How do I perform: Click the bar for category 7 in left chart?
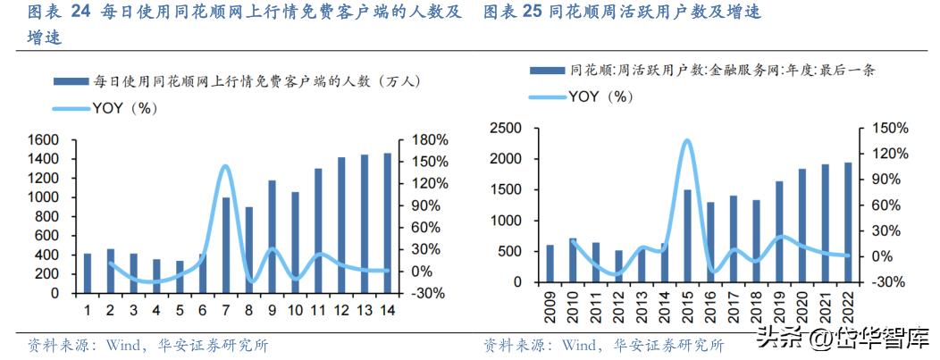tap(226, 245)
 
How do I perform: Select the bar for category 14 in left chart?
tap(387, 223)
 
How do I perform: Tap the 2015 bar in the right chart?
tap(687, 236)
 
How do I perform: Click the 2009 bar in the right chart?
tap(550, 264)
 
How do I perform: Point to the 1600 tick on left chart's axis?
tap(44, 140)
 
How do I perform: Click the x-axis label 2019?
tap(778, 305)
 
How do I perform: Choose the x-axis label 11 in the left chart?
tap(318, 310)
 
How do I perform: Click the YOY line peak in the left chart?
tap(225, 166)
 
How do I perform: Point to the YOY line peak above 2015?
tap(686, 140)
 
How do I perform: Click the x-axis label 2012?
tap(618, 305)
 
